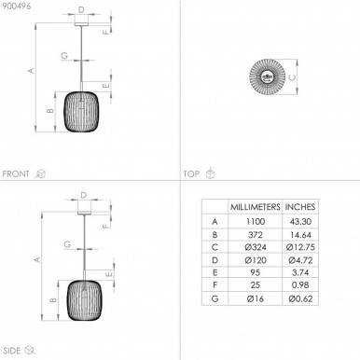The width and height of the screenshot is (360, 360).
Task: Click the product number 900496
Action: pyautogui.click(x=17, y=6)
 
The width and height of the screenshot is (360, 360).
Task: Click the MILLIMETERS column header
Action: pyautogui.click(x=255, y=207)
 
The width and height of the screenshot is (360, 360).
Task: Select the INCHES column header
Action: pyautogui.click(x=300, y=207)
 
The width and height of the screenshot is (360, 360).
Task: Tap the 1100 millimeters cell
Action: pyautogui.click(x=256, y=222)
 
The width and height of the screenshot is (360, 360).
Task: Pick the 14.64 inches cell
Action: pyautogui.click(x=300, y=235)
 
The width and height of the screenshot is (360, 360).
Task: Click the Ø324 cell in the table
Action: pyautogui.click(x=256, y=248)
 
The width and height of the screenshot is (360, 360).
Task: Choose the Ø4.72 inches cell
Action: pyautogui.click(x=300, y=260)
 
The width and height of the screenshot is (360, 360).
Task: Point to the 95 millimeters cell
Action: pyautogui.click(x=256, y=272)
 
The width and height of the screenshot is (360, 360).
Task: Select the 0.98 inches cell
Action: pyautogui.click(x=300, y=285)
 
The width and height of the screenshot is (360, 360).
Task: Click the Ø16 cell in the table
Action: pyautogui.click(x=256, y=298)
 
